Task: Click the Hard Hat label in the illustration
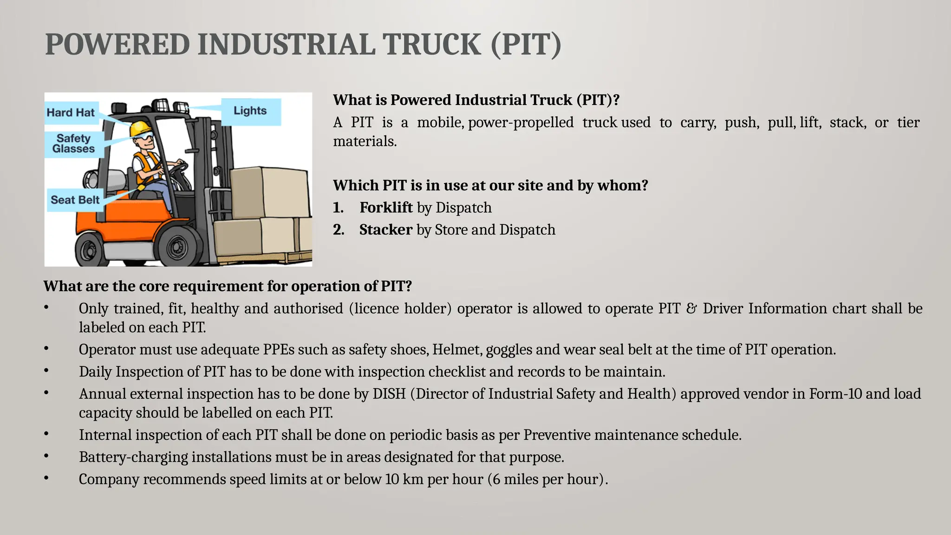[x=71, y=113]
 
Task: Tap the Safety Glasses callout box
[x=73, y=144]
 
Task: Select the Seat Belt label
[x=75, y=200]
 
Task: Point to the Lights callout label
[x=250, y=111]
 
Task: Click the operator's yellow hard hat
[x=140, y=128]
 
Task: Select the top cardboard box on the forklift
[x=269, y=192]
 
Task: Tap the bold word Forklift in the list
[x=386, y=208]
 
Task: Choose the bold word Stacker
[x=385, y=230]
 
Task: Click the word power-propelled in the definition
[x=521, y=123]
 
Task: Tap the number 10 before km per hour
[x=392, y=479]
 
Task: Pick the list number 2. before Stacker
[x=339, y=230]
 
